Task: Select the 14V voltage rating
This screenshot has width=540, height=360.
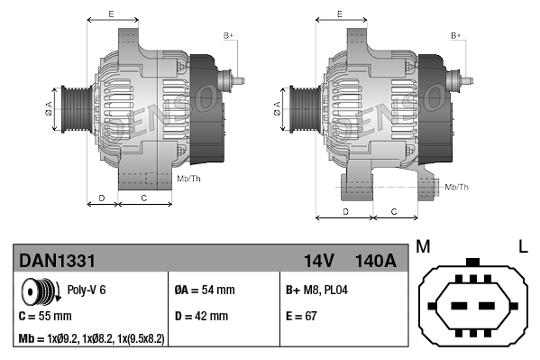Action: (318, 262)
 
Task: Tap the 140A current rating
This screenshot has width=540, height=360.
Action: (375, 262)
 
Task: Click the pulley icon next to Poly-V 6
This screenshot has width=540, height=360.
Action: (41, 293)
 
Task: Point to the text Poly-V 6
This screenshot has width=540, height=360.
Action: (87, 291)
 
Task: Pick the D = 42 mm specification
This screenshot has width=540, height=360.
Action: (203, 317)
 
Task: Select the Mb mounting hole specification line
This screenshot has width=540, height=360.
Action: (92, 339)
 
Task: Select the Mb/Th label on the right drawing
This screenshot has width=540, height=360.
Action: (457, 187)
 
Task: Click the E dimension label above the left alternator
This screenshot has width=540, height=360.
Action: (110, 14)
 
